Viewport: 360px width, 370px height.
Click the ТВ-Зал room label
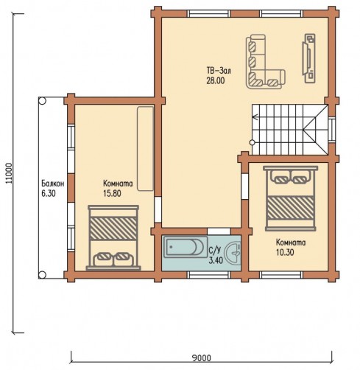click(x=219, y=71)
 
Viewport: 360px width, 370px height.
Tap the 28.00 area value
click(x=216, y=81)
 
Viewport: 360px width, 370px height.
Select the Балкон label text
click(x=53, y=184)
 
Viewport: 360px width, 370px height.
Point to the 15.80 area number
click(x=112, y=193)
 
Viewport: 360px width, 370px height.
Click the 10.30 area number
click(x=285, y=252)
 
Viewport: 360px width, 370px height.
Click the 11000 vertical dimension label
click(x=9, y=173)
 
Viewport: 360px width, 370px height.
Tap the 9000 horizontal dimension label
click(x=201, y=358)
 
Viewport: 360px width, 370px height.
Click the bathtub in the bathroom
click(x=186, y=246)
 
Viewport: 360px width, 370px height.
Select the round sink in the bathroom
click(x=233, y=252)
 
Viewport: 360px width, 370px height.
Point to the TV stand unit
click(x=308, y=58)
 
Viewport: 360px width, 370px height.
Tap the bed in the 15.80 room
click(x=113, y=237)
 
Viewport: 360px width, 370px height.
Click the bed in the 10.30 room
click(x=290, y=198)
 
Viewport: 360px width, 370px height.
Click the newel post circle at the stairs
click(x=252, y=142)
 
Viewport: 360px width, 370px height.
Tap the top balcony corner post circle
click(x=42, y=101)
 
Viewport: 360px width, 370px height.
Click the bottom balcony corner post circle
click(x=42, y=274)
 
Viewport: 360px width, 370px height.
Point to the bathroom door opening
click(x=219, y=231)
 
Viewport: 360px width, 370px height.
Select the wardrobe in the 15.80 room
click(x=146, y=148)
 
